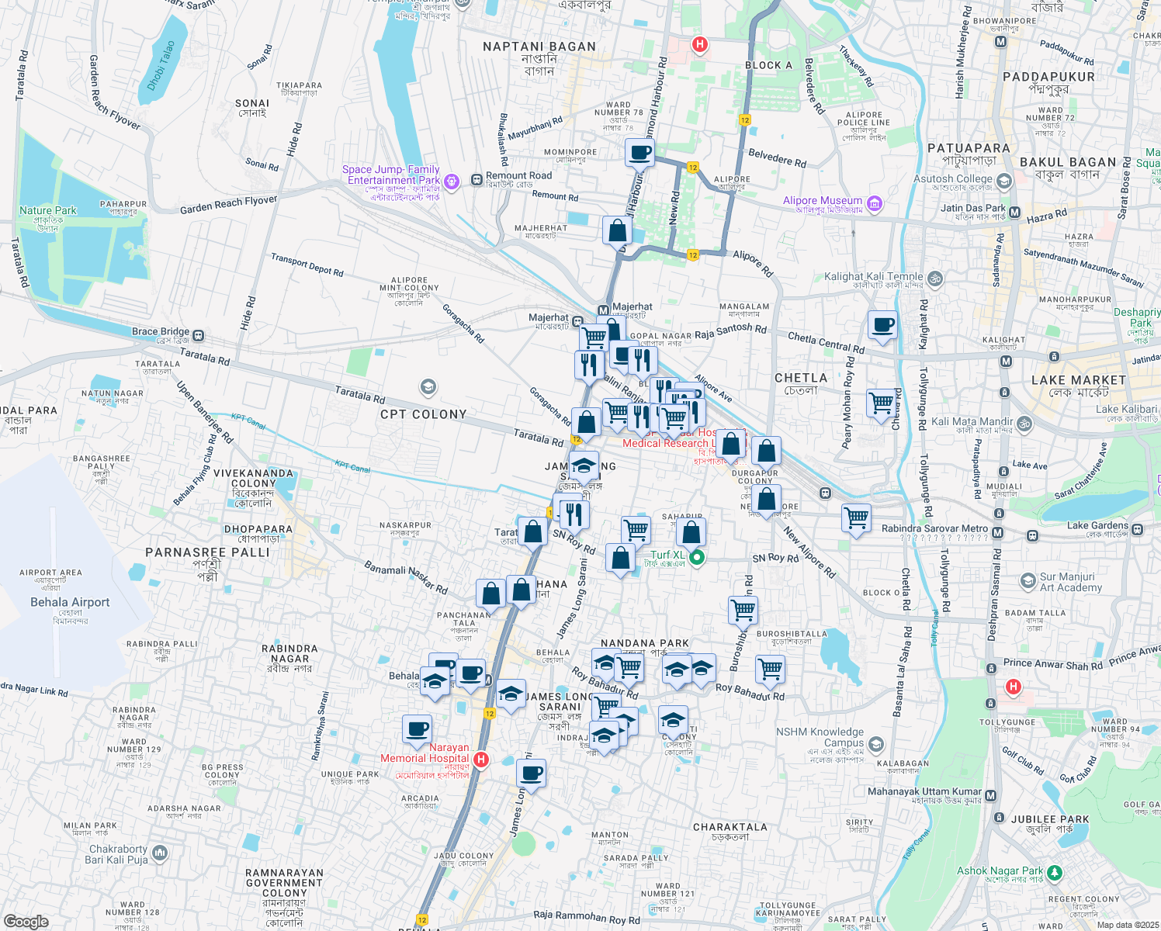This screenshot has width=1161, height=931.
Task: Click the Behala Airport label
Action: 70,602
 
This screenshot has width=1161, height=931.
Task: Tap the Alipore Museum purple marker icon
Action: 875,204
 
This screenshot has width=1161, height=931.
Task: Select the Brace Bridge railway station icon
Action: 199,335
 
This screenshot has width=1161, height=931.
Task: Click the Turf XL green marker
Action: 697,556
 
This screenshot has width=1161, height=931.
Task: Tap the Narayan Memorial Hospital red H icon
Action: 481,759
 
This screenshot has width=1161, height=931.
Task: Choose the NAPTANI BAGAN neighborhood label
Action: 539,47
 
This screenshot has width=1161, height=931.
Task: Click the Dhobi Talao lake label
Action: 161,66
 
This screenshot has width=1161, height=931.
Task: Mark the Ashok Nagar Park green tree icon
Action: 1054,873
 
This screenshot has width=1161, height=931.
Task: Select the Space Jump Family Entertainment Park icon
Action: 452,181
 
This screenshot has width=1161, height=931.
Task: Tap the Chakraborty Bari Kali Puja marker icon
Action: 160,853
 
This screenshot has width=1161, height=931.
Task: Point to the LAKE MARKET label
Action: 1079,380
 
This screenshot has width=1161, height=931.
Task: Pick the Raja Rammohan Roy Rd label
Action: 587,917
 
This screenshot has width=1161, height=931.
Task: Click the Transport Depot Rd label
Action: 307,265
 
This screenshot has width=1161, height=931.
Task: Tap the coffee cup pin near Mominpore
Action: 639,152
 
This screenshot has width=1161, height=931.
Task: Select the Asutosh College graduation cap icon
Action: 1004,182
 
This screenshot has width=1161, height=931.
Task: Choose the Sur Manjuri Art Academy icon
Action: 1028,581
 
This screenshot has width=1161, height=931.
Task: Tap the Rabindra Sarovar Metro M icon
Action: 997,532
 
